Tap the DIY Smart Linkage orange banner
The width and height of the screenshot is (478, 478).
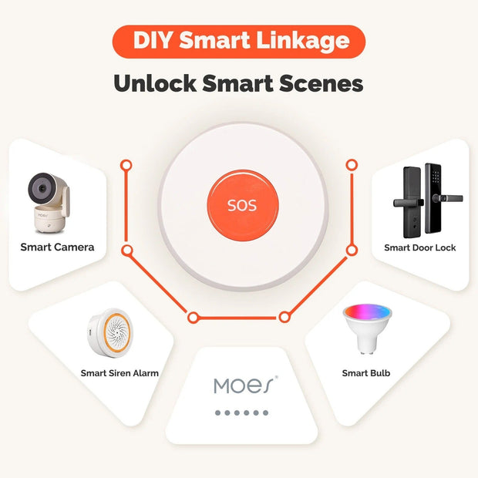(238, 41)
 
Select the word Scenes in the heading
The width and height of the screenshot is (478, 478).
(323, 83)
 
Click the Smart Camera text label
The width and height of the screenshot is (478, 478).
(57, 247)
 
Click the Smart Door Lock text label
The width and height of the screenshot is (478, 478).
(419, 247)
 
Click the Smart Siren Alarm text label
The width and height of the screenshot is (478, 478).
(119, 373)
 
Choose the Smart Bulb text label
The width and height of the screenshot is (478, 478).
(365, 373)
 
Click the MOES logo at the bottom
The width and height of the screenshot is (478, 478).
(243, 385)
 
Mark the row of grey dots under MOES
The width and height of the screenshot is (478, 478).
(242, 412)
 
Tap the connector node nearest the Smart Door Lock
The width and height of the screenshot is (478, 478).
(352, 250)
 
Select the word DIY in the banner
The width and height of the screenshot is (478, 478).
(150, 41)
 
